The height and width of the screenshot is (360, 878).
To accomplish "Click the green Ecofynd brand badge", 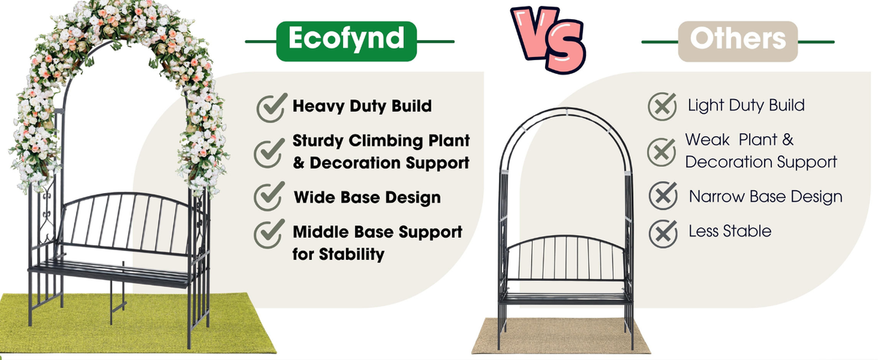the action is pos(347,41).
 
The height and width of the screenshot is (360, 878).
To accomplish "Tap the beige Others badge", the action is pos(738,41).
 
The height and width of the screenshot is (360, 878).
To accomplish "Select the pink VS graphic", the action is pos(549,40).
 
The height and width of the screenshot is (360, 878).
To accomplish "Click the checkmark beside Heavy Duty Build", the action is pos(271,108).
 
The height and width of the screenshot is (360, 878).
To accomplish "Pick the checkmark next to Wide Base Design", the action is pos(269,196).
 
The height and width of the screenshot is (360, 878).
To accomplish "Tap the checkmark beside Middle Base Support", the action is pos(269,233).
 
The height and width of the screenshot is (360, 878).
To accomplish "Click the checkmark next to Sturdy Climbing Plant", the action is pos(269,153).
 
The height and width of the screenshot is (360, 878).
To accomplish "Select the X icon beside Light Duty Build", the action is pos(662,106).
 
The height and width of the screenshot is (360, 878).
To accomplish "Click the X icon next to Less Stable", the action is pos(663,233).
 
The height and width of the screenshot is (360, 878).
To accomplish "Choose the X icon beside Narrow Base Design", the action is pos(663,195).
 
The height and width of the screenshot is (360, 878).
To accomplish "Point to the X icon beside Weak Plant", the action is pos(661,152).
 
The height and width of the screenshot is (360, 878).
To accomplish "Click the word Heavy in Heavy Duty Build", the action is pos(318,106).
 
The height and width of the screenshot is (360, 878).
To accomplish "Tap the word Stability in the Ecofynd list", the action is pos(351,254).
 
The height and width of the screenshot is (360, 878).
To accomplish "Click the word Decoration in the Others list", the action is pos(728,162).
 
